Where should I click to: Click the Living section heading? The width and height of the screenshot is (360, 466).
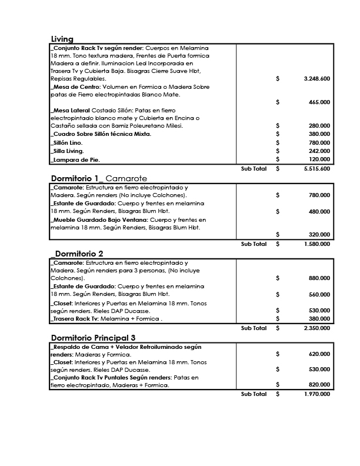(62, 39)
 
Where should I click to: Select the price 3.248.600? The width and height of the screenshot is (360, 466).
(317, 78)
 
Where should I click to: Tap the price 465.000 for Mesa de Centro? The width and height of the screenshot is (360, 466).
(319, 102)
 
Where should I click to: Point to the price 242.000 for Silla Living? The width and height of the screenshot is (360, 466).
(319, 151)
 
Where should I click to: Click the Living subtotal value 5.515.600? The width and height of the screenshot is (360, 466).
(317, 168)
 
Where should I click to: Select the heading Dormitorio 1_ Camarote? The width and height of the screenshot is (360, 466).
(99, 178)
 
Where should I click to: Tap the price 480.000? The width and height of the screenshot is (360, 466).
(319, 211)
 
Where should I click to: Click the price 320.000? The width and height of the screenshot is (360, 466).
(319, 234)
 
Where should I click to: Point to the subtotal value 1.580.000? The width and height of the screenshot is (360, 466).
(317, 244)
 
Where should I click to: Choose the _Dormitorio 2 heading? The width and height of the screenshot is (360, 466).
(77, 254)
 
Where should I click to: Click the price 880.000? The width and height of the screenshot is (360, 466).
(319, 278)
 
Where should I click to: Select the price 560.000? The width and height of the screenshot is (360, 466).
(319, 294)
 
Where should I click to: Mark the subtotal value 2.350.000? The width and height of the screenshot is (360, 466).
(317, 328)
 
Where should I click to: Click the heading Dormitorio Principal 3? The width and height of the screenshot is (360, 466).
(94, 338)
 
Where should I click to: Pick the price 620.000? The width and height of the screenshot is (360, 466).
(319, 354)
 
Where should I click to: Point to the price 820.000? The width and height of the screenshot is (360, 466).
(319, 385)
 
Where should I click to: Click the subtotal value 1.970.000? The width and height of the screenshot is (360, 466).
(317, 394)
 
